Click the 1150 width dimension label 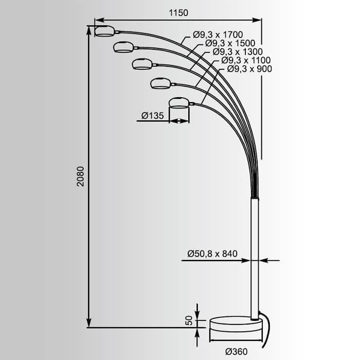pyautogui.click(x=177, y=12)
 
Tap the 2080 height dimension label pyautogui.click(x=81, y=176)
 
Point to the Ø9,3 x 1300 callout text pyautogui.click(x=238, y=52)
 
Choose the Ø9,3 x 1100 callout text pyautogui.click(x=246, y=60)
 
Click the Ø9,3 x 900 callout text pyautogui.click(x=249, y=68)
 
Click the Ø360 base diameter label pyautogui.click(x=237, y=352)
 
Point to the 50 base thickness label pyautogui.click(x=189, y=320)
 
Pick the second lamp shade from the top pyautogui.click(x=123, y=47)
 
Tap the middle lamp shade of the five pyautogui.click(x=141, y=64)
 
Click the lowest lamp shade pyautogui.click(x=178, y=102)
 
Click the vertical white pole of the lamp pyautogui.click(x=255, y=257)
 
